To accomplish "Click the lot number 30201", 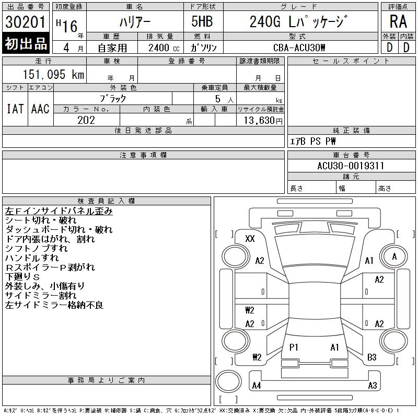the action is (x=25, y=21).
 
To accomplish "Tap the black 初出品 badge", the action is (x=26, y=43).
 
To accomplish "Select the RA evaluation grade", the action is (x=398, y=21).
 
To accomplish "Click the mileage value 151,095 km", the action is (x=53, y=74).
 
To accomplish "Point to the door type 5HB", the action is (x=202, y=21).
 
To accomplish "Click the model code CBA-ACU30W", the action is (x=299, y=48).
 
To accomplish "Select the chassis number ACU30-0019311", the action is (x=351, y=166).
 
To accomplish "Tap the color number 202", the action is (x=86, y=120).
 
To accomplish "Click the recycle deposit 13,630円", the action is (x=263, y=121).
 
